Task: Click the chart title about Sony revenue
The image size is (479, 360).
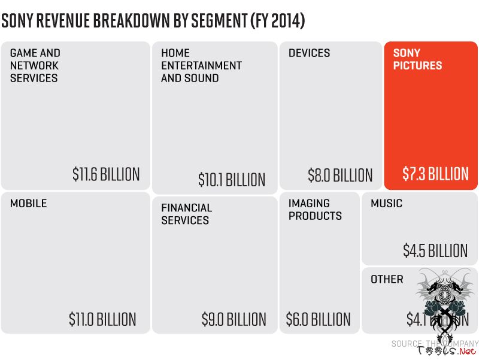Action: tap(153, 21)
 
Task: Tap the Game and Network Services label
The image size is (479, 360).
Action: tap(35, 65)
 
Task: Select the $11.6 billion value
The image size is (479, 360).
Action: tap(106, 174)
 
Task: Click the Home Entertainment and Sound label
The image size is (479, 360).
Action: tap(201, 65)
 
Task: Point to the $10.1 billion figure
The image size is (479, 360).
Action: tap(232, 179)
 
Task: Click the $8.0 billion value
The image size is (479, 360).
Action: tap(340, 175)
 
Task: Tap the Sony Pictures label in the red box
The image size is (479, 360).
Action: tap(417, 59)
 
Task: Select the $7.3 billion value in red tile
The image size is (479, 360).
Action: tap(435, 174)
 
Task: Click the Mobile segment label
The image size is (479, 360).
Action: tap(28, 204)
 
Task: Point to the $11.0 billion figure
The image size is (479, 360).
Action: tap(102, 319)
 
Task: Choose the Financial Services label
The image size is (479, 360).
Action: tap(186, 214)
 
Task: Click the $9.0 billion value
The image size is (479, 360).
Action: tap(234, 319)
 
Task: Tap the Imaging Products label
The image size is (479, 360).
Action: tap(315, 210)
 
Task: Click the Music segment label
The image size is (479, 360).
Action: tap(386, 204)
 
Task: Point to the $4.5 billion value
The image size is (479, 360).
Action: tap(435, 250)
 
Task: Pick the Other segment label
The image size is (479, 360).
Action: tap(387, 279)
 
